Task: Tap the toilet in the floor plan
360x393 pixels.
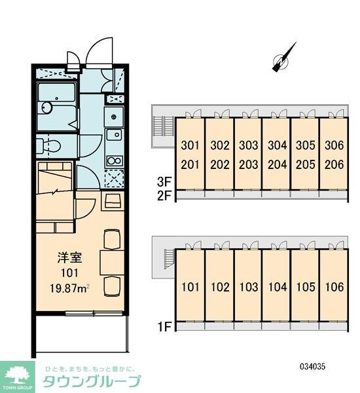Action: point(48,146)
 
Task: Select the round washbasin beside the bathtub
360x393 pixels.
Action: point(46,108)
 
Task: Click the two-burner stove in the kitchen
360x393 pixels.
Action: point(115,160)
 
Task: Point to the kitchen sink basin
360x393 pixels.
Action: point(115,135)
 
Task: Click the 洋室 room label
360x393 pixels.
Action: point(69,257)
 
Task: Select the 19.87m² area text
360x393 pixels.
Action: point(69,289)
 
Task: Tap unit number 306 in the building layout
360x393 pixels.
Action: point(334,145)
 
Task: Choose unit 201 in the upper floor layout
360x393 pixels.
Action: point(190,164)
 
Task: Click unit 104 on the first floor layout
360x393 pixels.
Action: point(278,287)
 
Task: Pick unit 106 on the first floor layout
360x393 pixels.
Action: point(334,287)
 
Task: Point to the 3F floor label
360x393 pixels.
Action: point(164,182)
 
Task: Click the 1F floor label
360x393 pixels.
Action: point(164,327)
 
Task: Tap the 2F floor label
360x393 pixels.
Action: point(164,196)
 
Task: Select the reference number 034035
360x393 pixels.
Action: point(313,367)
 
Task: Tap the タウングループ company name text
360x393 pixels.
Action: point(92,382)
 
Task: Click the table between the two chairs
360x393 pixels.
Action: point(112,263)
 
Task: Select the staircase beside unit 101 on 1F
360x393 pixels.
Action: point(169,259)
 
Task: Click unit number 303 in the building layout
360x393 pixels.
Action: point(249,145)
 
